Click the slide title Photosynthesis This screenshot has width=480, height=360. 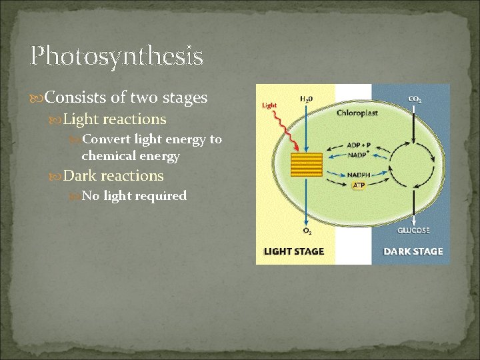[x=117, y=56]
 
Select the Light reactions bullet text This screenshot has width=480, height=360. [x=114, y=119]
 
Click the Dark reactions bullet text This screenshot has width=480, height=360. [x=113, y=176]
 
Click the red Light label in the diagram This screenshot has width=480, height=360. [x=269, y=105]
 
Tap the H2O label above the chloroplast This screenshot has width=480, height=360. [x=306, y=99]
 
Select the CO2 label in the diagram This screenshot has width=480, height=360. [x=414, y=99]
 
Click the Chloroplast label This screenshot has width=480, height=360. [x=357, y=113]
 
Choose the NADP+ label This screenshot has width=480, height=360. [x=358, y=155]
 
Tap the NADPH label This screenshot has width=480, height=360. [x=359, y=175]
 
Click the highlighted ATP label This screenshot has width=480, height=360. [x=359, y=185]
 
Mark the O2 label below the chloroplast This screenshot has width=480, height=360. [x=307, y=231]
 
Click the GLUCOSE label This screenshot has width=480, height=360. [x=413, y=231]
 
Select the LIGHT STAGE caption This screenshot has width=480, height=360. [x=294, y=251]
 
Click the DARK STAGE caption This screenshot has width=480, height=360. [x=413, y=251]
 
